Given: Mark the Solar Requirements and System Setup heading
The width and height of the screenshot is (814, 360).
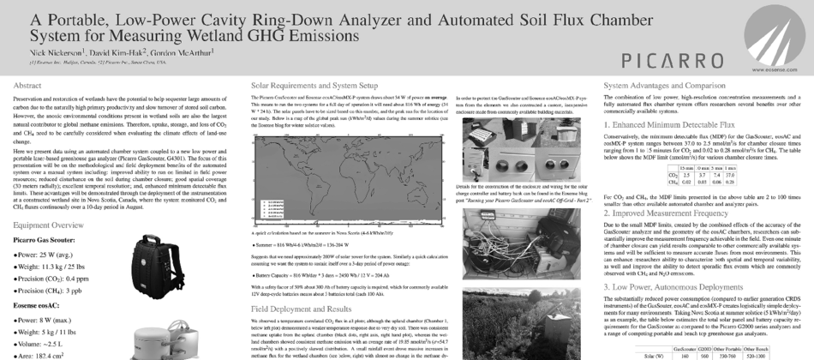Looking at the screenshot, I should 313,86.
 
